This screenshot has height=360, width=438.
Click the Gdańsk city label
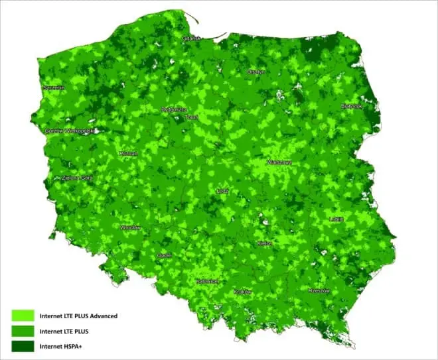pos(191,38)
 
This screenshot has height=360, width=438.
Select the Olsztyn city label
pos(256,72)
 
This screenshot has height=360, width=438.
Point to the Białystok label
pos(352,105)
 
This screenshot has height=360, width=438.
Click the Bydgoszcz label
pos(175,109)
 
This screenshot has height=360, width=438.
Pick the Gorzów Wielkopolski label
pos(70,131)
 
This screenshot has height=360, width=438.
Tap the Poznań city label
pos(128,153)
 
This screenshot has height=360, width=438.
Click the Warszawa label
pos(279,162)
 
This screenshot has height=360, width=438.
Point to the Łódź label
pos(223,191)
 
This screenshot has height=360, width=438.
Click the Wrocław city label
pos(131,227)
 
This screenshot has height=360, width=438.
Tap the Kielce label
pos(264,244)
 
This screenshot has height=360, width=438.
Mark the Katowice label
pos(207,281)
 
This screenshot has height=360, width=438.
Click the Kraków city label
pos(243,292)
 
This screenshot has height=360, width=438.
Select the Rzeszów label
pos(319,290)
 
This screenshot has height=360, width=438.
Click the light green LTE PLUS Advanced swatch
pos(23,316)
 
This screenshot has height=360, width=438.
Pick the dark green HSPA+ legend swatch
pos(23,345)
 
